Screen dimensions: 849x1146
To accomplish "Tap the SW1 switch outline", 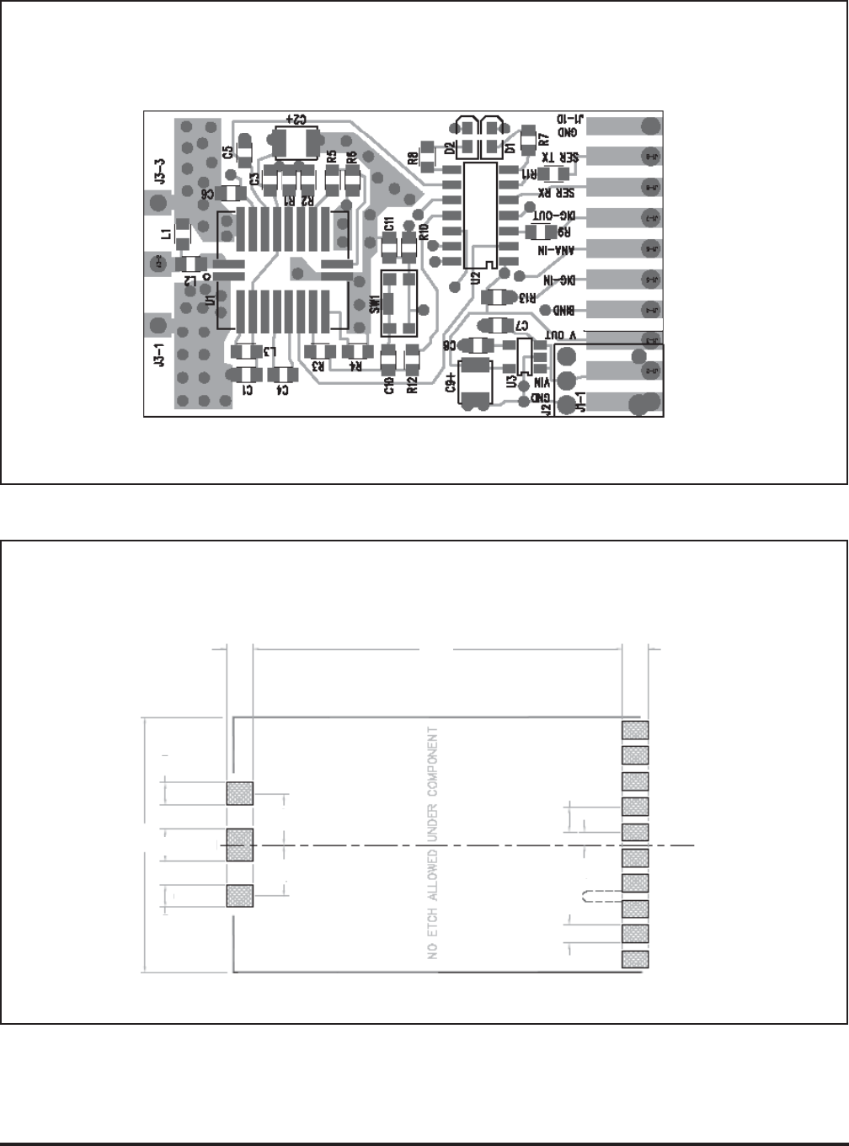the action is click(399, 302).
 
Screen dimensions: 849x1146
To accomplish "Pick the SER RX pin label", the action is click(558, 190).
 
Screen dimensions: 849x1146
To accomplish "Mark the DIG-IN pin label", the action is click(559, 280).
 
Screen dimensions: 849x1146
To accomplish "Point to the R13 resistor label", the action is click(527, 297).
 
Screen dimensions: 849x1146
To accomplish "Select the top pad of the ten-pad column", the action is click(635, 729).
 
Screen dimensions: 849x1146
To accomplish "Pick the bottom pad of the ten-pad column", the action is click(635, 959).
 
